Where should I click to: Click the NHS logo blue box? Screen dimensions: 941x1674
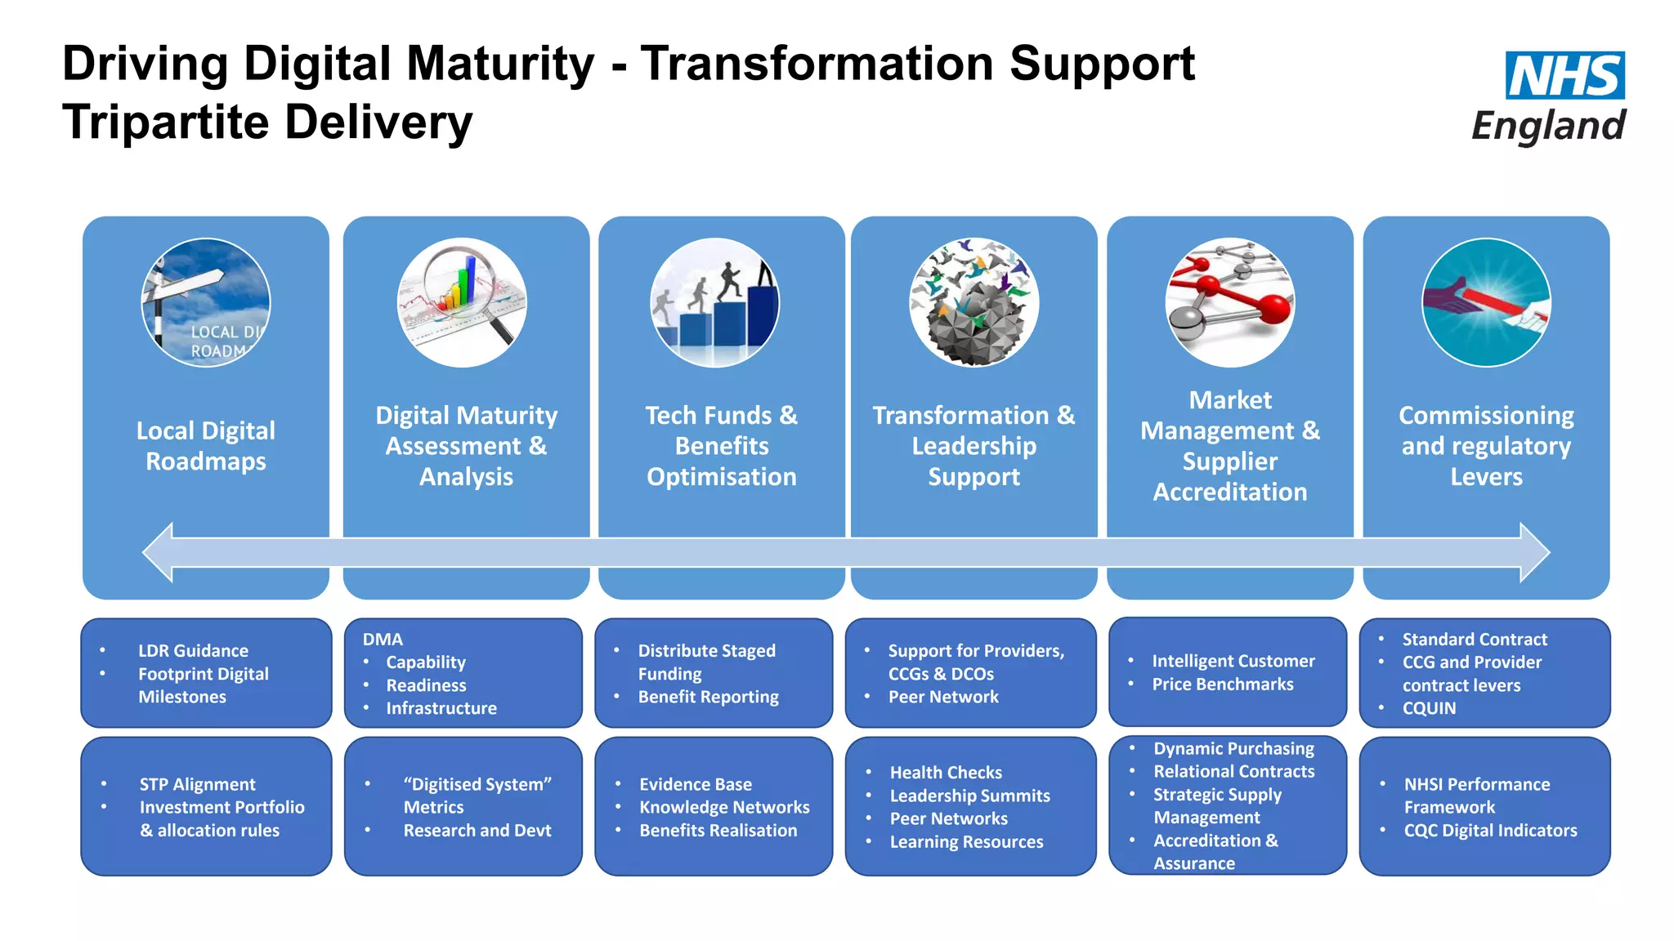[1564, 75]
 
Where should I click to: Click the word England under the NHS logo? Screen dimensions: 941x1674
[1548, 126]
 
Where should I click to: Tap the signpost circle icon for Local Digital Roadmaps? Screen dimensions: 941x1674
[206, 302]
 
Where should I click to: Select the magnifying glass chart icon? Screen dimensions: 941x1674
[462, 302]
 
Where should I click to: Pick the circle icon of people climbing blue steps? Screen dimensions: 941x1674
[714, 302]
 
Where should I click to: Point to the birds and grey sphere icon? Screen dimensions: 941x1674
[974, 302]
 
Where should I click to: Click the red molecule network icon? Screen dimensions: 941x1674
[1229, 302]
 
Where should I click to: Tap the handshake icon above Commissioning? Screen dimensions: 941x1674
[1486, 302]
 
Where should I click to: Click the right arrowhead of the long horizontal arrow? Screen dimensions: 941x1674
[1534, 553]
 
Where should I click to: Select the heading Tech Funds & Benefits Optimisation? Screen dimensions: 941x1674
[721, 446]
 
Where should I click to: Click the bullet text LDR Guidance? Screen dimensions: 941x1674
[193, 651]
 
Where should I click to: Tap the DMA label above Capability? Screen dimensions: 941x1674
[383, 640]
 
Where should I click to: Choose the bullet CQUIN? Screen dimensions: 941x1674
[1429, 708]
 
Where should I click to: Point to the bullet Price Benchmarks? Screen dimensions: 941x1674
[1222, 685]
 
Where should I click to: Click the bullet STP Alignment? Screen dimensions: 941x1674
[197, 784]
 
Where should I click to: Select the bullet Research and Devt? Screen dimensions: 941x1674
[477, 831]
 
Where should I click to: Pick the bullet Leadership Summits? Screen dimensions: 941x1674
[969, 796]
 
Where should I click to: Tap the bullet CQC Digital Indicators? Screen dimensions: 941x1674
[1490, 831]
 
